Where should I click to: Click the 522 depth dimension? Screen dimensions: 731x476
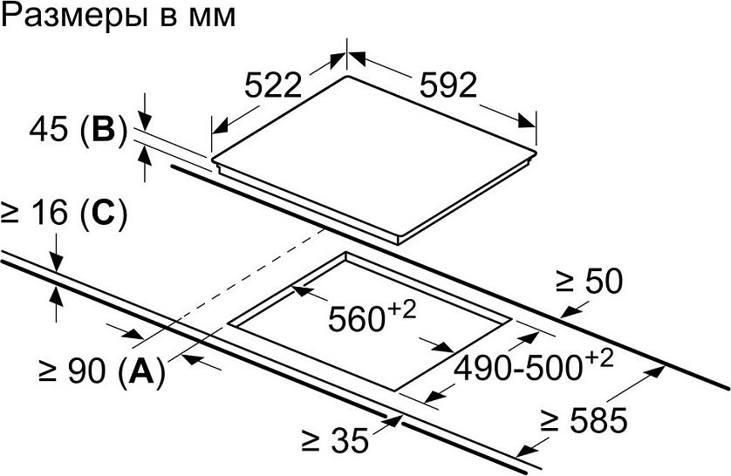pos(273,86)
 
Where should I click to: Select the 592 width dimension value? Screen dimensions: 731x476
pos(448,85)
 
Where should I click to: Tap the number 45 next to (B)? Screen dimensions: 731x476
pos(49,130)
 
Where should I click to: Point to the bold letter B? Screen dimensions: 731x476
pos(103,130)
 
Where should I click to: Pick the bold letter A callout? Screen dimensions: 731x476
pos(141,371)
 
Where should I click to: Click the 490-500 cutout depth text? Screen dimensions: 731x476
pos(518,368)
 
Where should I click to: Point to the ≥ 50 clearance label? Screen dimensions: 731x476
pos(590,281)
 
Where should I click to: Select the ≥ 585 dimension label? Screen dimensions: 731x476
pos(584,419)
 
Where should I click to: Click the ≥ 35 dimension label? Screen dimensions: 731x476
pos(335,439)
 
